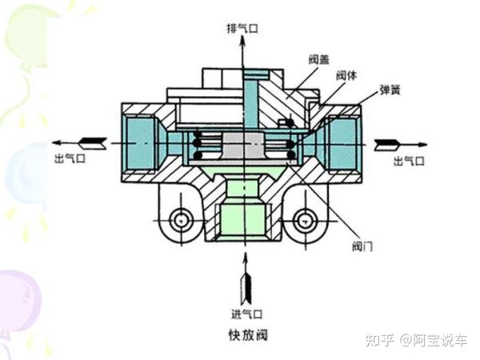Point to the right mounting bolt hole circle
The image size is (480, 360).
pyautogui.click(x=303, y=218)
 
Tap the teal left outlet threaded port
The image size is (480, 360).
pyautogui.click(x=140, y=145)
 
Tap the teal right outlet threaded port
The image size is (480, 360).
pyautogui.click(x=344, y=144)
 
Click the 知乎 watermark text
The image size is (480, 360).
pyautogui.click(x=379, y=341)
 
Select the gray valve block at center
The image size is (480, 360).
pyautogui.click(x=242, y=146)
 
